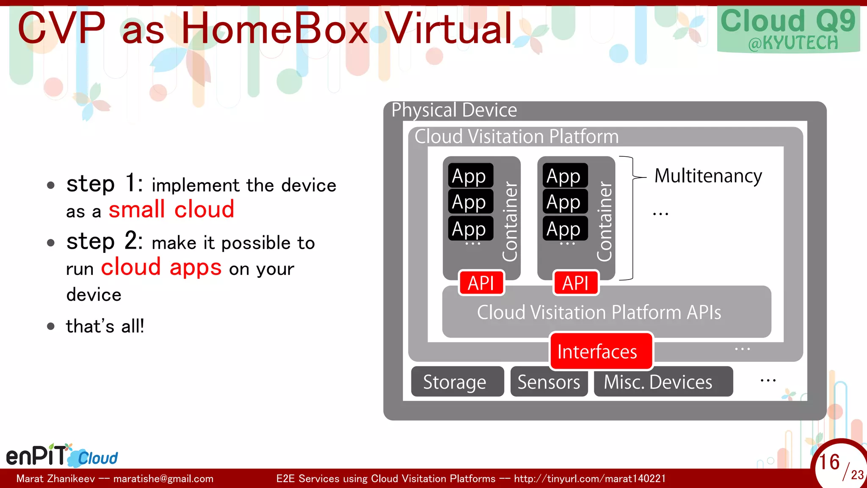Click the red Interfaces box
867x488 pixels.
pyautogui.click(x=601, y=351)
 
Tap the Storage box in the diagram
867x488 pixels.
pyautogui.click(x=457, y=382)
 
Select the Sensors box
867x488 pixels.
pyautogui.click(x=549, y=382)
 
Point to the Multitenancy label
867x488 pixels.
pyautogui.click(x=708, y=176)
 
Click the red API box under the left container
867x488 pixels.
pyautogui.click(x=481, y=283)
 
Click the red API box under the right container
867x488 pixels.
pyautogui.click(x=576, y=283)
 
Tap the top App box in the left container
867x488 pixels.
pyautogui.click(x=470, y=176)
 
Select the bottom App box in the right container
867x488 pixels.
pyautogui.click(x=565, y=229)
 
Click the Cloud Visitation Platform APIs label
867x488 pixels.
pyautogui.click(x=599, y=312)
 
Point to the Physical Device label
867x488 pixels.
pyautogui.click(x=454, y=110)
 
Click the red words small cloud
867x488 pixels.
pyautogui.click(x=171, y=209)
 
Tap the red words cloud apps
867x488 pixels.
pyautogui.click(x=161, y=267)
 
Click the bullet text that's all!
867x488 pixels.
pyautogui.click(x=105, y=326)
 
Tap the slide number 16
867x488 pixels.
pyautogui.click(x=829, y=462)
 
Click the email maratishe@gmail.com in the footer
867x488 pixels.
pyautogui.click(x=163, y=479)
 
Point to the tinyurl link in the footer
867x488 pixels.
pyautogui.click(x=590, y=479)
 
